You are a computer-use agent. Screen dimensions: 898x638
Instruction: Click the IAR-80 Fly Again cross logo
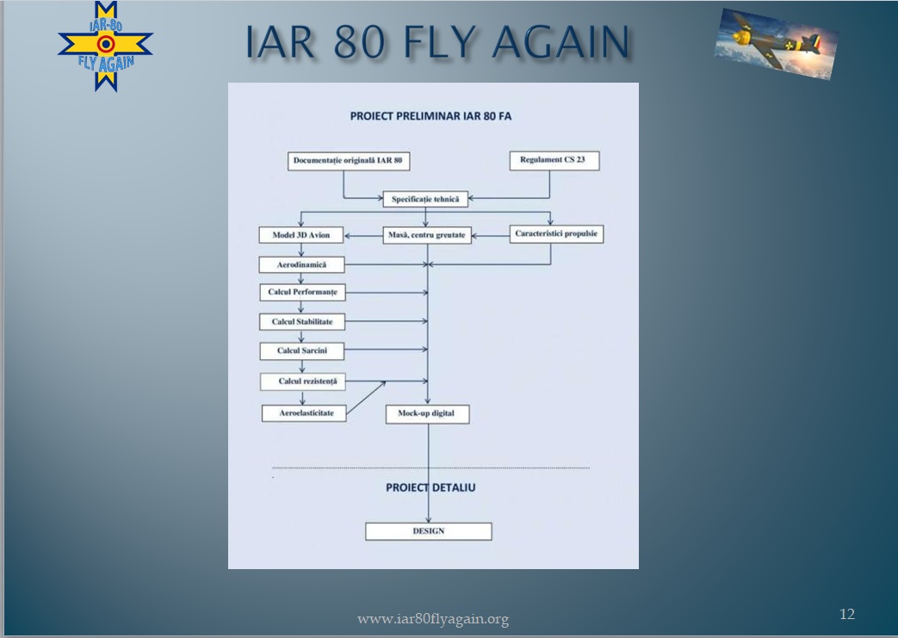pos(105,46)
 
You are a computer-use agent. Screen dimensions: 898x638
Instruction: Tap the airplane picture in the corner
pos(776,44)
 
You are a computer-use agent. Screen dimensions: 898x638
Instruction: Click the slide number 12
pos(847,614)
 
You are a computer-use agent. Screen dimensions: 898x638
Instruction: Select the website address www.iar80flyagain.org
pos(433,619)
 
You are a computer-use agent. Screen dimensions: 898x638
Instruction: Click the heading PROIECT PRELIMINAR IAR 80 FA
pos(430,115)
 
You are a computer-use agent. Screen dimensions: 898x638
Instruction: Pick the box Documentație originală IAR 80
pos(348,161)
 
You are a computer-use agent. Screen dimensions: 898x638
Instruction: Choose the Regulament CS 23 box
pos(554,160)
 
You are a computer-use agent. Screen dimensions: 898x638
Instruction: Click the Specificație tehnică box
pos(425,199)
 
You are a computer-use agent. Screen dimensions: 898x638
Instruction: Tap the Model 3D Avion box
pos(301,235)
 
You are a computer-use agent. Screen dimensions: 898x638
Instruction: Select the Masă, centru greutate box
pos(427,235)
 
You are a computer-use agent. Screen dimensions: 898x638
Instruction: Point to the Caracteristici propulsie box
pos(557,233)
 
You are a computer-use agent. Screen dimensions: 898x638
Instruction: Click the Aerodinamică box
pos(302,264)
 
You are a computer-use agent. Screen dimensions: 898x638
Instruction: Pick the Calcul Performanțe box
pos(302,292)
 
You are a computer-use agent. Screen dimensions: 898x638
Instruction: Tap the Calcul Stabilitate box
pos(302,322)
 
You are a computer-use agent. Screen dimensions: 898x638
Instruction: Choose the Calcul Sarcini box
pos(302,351)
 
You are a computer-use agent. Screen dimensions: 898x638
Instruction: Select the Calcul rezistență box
pos(303,381)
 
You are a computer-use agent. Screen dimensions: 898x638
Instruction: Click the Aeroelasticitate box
pos(304,413)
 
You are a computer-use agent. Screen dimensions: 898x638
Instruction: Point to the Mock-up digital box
pos(427,413)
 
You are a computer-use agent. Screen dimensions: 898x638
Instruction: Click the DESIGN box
pos(429,531)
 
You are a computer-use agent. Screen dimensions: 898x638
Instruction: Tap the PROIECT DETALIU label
pos(430,487)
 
